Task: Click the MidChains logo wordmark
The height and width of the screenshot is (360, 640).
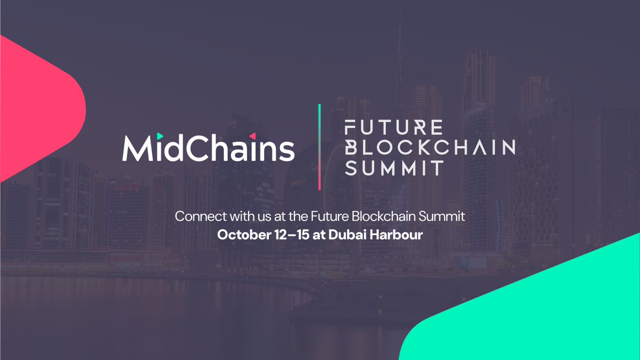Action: pyautogui.click(x=208, y=148)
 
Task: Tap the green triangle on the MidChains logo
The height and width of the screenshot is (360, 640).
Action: pyautogui.click(x=160, y=136)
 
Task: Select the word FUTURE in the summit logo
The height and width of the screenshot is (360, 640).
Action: pyautogui.click(x=394, y=128)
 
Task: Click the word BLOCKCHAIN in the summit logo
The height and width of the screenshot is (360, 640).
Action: pyautogui.click(x=430, y=147)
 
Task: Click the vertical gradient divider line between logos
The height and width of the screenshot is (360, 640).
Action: pyautogui.click(x=319, y=147)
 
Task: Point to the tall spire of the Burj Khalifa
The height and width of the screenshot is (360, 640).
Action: pyautogui.click(x=399, y=48)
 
